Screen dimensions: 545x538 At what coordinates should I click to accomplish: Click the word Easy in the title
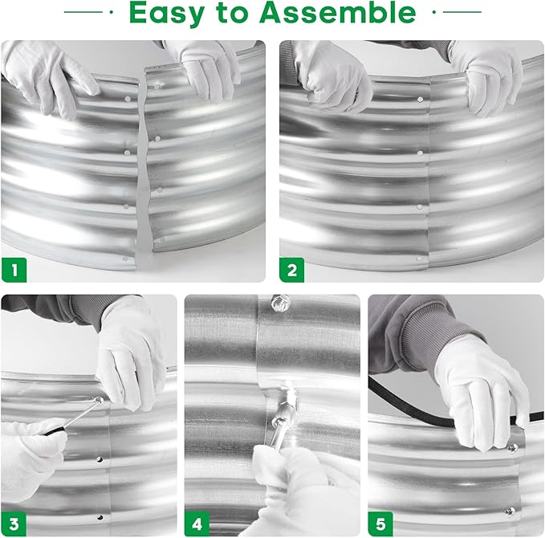point(166,14)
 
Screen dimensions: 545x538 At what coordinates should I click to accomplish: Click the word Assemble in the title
point(337,12)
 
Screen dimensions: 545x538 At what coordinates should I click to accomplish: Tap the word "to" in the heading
point(232,13)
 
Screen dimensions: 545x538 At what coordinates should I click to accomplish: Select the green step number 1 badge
point(14,270)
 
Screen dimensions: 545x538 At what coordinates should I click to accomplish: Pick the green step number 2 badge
point(292,270)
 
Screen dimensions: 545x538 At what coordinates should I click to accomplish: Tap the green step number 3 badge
point(14,524)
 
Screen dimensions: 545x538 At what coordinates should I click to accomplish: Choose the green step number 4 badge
point(197,524)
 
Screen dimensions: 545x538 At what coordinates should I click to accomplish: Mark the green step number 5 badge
point(380,524)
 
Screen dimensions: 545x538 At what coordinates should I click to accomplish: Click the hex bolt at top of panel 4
point(280,303)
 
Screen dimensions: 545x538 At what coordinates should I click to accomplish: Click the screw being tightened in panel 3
point(99,401)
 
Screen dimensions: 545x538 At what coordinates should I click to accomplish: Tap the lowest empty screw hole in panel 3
point(100,517)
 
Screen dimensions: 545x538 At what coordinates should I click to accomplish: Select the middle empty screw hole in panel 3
point(100,459)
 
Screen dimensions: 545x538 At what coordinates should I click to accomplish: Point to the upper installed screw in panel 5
point(512,448)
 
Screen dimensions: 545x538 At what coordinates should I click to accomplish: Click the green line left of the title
point(83,12)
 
